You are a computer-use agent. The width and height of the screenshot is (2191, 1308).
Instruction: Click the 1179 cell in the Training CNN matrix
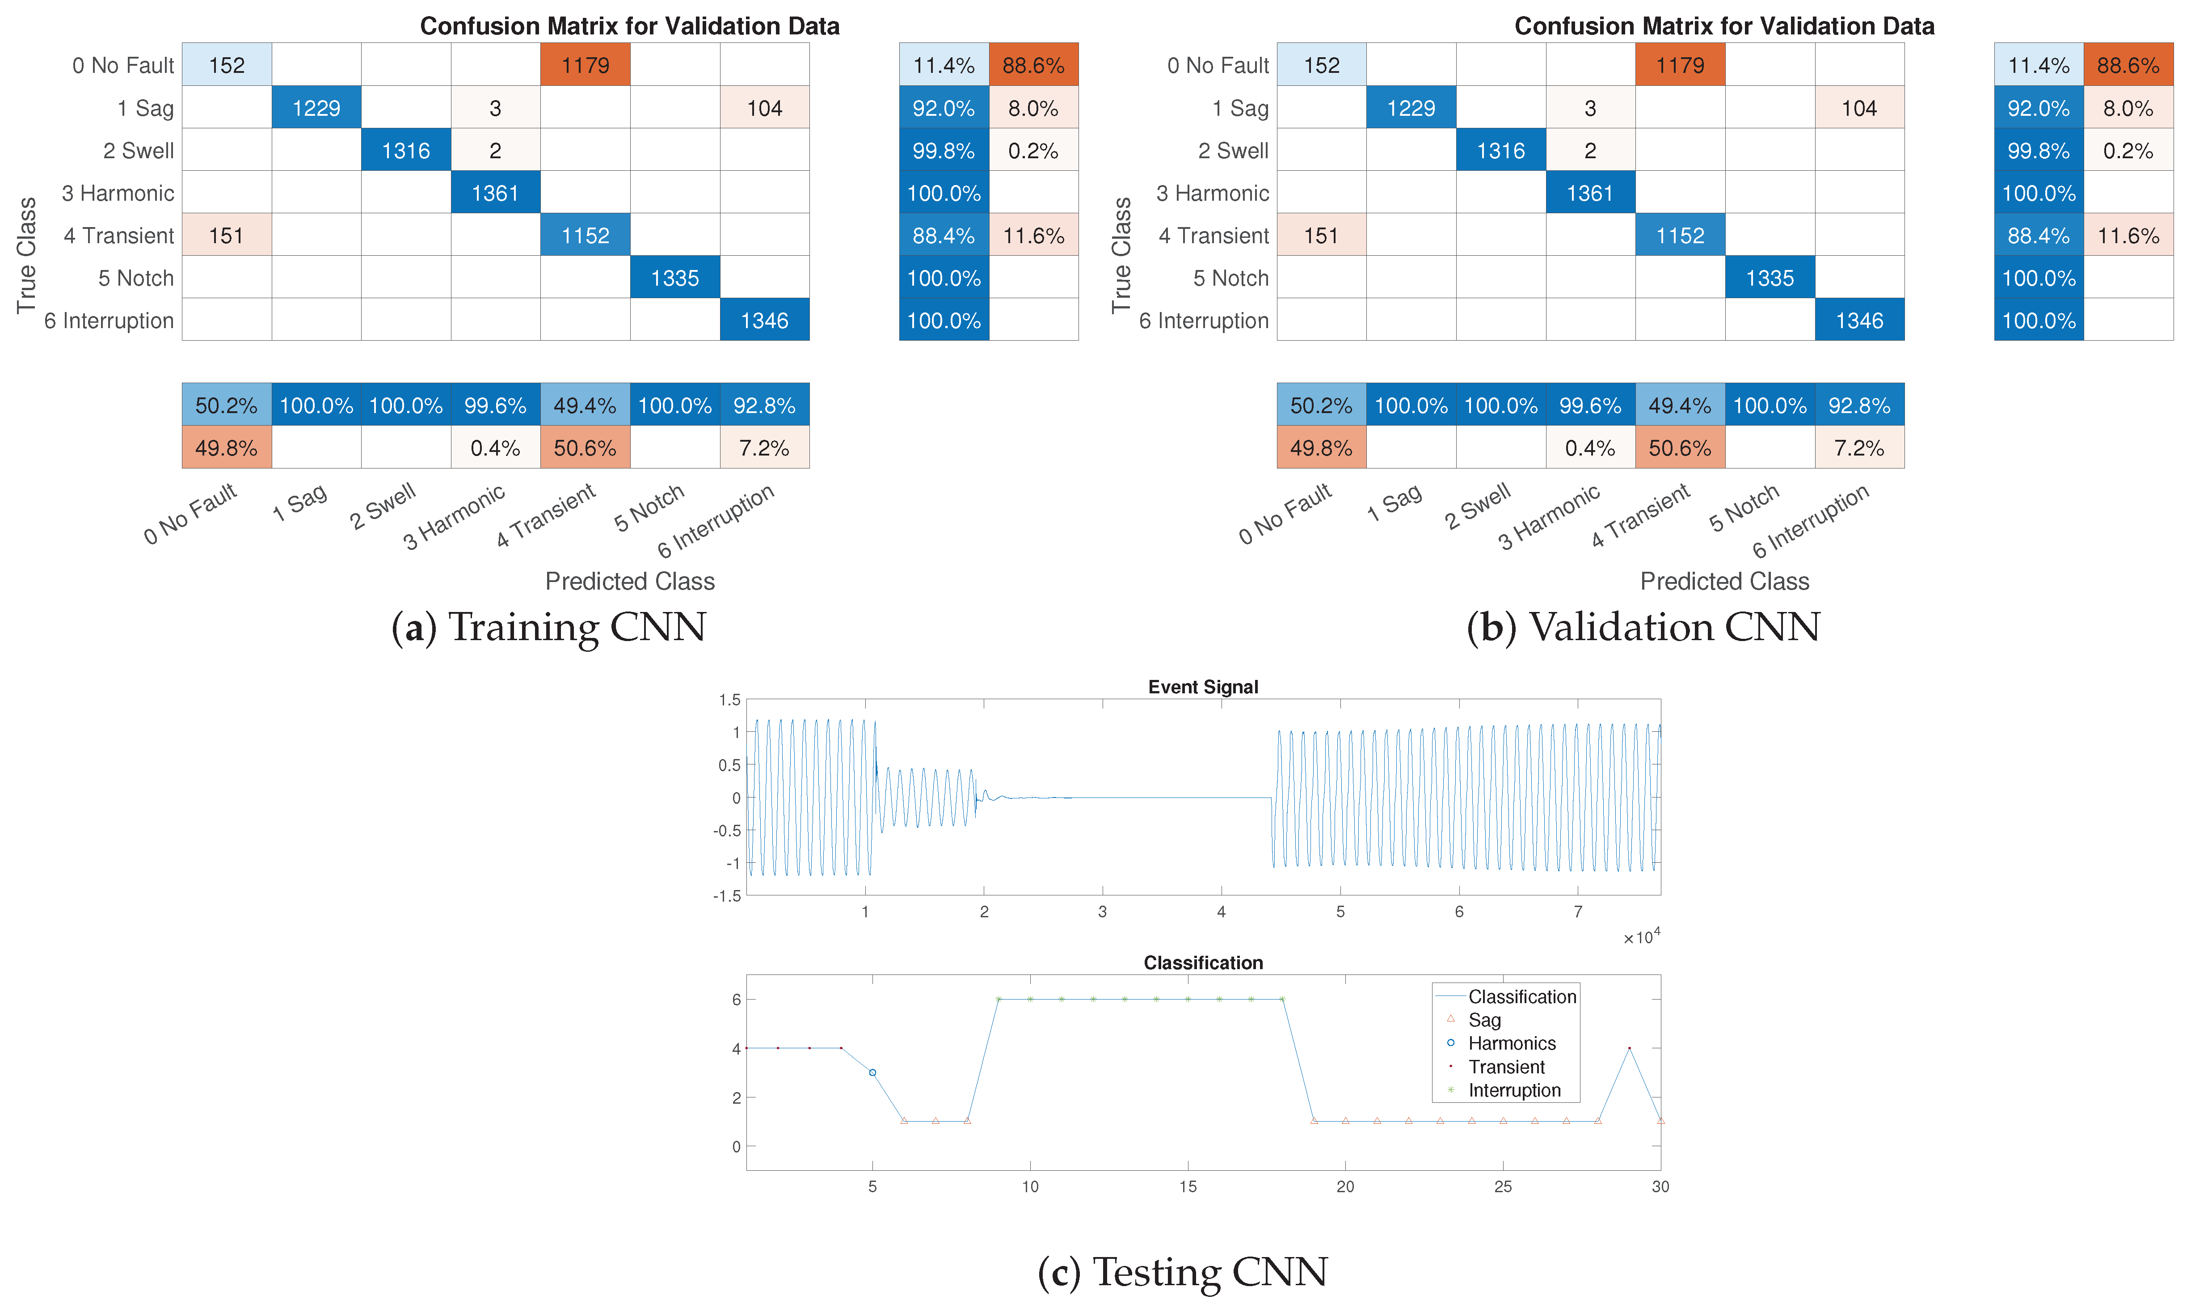[585, 65]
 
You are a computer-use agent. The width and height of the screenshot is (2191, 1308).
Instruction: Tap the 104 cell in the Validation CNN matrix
[1859, 109]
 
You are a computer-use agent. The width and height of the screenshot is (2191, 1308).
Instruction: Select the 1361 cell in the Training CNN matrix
[495, 193]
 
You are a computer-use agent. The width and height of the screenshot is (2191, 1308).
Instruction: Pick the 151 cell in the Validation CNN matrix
[1321, 235]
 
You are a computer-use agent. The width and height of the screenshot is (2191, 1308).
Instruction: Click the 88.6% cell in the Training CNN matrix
[1033, 65]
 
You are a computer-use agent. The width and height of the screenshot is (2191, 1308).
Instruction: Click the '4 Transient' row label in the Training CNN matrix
[119, 235]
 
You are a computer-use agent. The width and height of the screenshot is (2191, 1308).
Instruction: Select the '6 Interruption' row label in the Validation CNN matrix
[1203, 321]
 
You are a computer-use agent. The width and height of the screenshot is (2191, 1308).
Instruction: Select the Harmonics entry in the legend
[1511, 1043]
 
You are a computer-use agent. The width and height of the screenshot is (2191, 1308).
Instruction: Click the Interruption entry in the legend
[1513, 1090]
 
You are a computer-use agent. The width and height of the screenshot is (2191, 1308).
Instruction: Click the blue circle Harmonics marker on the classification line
[872, 1073]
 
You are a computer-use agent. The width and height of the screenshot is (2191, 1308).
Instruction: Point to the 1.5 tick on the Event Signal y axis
[729, 700]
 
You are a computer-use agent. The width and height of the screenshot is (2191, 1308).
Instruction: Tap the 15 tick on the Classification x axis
[1188, 1186]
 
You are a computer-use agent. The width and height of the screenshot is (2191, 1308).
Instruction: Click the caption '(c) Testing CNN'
[1182, 1272]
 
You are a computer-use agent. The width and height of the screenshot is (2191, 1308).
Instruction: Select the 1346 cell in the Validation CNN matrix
[1859, 321]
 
